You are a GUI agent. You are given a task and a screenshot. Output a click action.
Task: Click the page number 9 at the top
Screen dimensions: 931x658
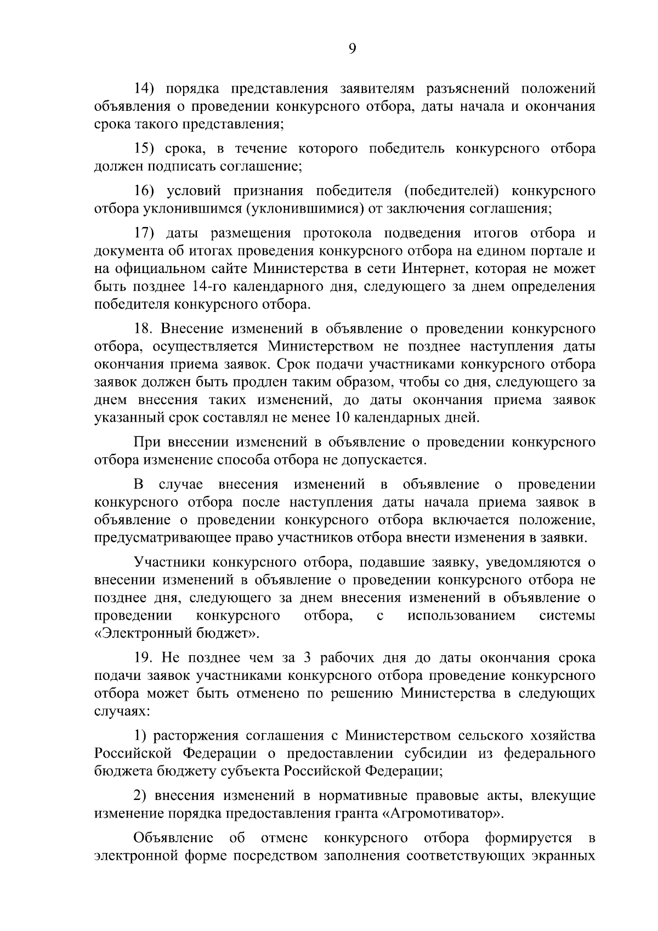[352, 49]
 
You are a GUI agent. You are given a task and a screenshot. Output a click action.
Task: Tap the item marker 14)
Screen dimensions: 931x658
[146, 88]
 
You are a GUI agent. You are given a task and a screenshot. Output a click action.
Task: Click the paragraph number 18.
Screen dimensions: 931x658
[145, 329]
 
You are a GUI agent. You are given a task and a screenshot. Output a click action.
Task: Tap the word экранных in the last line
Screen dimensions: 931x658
[564, 872]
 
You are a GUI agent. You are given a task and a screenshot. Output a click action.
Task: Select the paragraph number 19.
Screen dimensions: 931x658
[145, 658]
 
